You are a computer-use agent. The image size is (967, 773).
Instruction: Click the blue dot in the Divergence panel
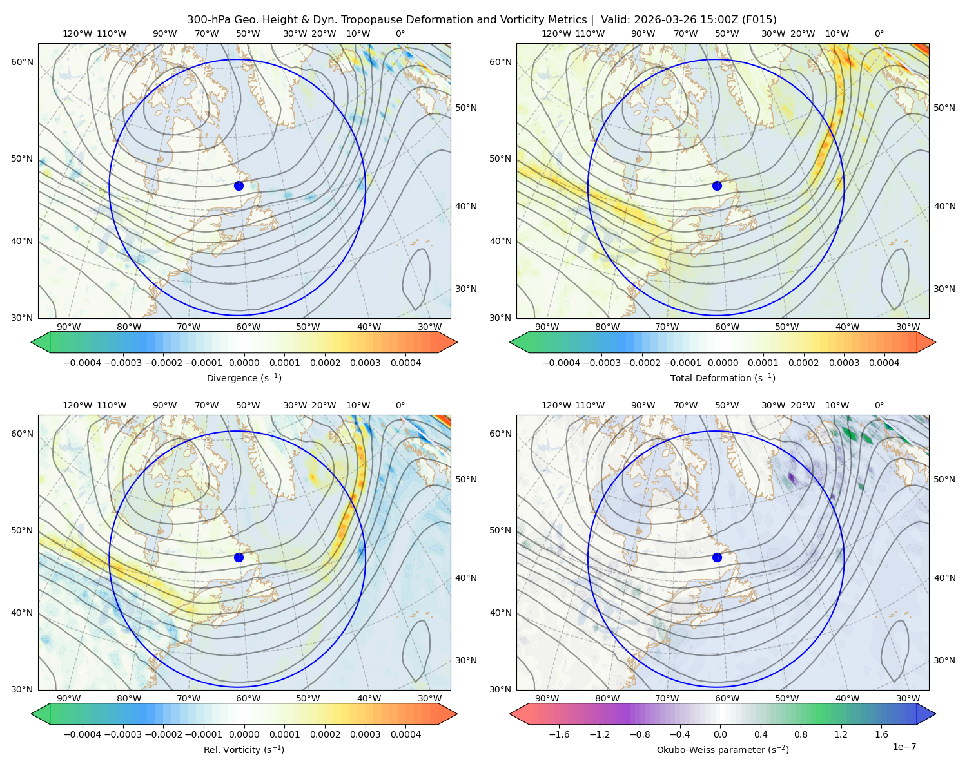[239, 186]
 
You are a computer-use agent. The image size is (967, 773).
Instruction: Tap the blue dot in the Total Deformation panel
[717, 186]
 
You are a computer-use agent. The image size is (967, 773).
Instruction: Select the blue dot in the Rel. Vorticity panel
[239, 557]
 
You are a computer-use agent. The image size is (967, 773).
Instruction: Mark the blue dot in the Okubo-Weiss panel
[717, 557]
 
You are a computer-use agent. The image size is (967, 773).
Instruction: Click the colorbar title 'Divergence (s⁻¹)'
[244, 378]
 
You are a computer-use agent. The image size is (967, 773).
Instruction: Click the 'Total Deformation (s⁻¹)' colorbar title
[723, 378]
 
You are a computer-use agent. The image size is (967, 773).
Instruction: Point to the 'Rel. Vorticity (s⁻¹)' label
[244, 750]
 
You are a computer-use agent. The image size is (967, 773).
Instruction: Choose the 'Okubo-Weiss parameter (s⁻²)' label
[723, 750]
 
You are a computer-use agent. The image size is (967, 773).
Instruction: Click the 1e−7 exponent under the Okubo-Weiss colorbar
[904, 747]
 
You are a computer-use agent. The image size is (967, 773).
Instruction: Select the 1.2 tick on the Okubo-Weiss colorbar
[841, 734]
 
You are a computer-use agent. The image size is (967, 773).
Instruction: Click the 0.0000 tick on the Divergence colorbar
[244, 363]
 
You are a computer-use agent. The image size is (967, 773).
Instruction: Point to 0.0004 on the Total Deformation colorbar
[884, 363]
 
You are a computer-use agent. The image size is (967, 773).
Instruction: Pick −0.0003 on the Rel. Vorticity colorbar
[122, 734]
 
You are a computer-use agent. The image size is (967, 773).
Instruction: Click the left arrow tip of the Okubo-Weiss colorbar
[510, 714]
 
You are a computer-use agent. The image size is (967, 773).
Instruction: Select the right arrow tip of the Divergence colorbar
[457, 342]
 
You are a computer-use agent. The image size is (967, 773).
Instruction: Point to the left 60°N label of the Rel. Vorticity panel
[22, 434]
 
